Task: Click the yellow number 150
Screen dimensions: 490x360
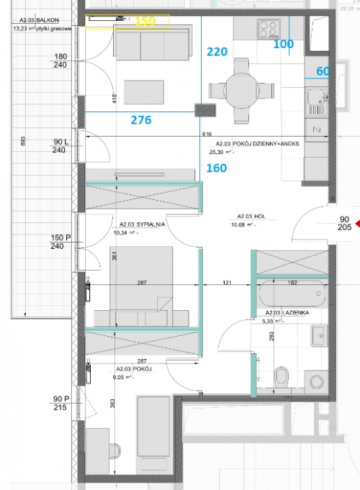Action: pyautogui.click(x=145, y=22)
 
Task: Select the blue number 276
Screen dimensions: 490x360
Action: pyautogui.click(x=140, y=120)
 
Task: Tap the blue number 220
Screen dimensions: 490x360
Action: pyautogui.click(x=217, y=52)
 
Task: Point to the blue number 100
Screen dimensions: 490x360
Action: pyautogui.click(x=284, y=44)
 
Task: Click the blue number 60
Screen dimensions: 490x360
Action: pyautogui.click(x=323, y=71)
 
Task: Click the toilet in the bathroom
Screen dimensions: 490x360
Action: pyautogui.click(x=282, y=376)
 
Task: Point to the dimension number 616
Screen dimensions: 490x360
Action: pyautogui.click(x=207, y=135)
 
